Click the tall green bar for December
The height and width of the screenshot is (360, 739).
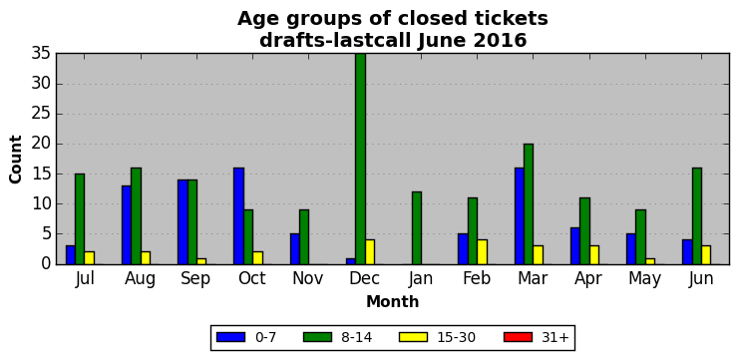coord(361,159)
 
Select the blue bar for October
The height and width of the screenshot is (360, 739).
coord(239,215)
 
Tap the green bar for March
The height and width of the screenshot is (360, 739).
coord(529,204)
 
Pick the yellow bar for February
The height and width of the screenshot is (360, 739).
coord(482,252)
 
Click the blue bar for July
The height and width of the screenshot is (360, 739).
coord(71,255)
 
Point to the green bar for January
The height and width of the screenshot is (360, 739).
coord(416,228)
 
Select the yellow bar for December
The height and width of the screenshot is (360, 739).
coord(370,252)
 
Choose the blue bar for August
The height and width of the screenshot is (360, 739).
coord(127,224)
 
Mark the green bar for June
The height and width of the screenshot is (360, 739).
coord(696,215)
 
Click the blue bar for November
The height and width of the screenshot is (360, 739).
coord(295,249)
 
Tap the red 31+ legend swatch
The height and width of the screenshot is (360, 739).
coord(518,337)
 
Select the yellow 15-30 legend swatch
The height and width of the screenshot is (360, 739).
coord(413,337)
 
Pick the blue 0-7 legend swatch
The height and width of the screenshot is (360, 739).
coord(230,337)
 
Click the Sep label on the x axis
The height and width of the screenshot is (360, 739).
coord(196,278)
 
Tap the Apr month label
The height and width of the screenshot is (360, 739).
coord(588,279)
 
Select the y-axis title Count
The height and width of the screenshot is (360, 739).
coord(16,160)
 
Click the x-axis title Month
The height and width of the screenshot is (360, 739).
coord(393,301)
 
